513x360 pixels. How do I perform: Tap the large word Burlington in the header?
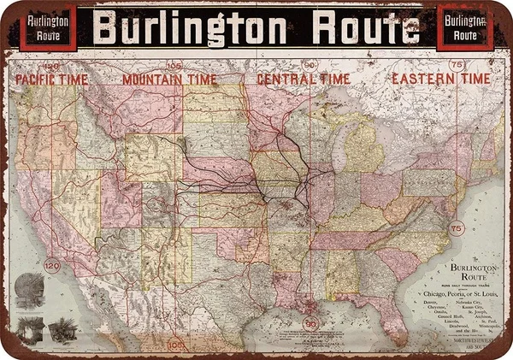[190, 27]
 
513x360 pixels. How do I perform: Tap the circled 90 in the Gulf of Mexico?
[310, 324]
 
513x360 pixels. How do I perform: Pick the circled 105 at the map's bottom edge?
[176, 346]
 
